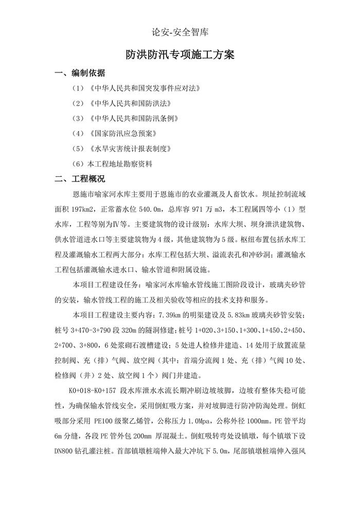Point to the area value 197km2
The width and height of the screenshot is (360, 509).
pyautogui.click(x=87, y=210)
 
